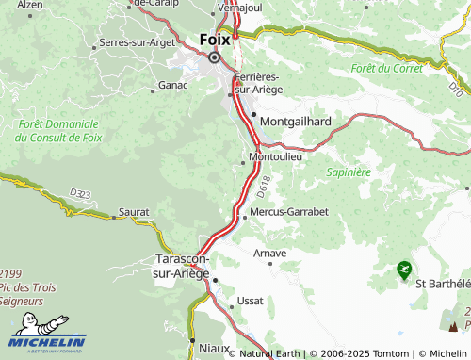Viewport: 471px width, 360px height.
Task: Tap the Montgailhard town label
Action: coord(295,121)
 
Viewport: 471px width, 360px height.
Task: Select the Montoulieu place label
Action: coord(275,156)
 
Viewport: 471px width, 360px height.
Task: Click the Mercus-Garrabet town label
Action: coord(289,212)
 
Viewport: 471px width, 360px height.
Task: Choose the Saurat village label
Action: coord(134,212)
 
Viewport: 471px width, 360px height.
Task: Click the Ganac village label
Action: coord(172,86)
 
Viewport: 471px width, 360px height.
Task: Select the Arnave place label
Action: coord(270,254)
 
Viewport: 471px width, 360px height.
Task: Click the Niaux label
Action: coord(211,348)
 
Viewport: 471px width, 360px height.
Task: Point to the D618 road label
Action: coord(263,183)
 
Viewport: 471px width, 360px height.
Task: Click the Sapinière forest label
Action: coord(348,172)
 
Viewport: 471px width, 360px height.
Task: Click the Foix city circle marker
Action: coord(214,57)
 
